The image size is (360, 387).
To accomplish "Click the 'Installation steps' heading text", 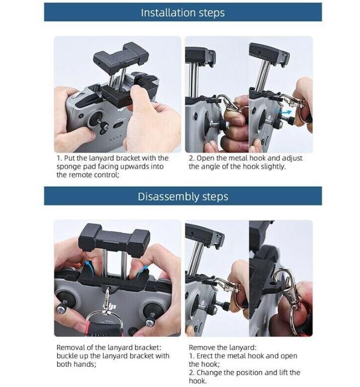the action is (x=182, y=13).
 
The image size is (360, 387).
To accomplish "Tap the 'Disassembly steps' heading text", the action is (x=183, y=196).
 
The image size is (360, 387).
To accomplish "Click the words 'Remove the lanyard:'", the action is (x=222, y=347).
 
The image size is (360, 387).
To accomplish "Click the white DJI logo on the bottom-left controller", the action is (x=109, y=307).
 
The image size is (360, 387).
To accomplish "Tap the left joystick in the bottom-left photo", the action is (x=64, y=303).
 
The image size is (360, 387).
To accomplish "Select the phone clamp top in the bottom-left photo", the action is (x=114, y=239).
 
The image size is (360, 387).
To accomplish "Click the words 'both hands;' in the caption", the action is (x=76, y=364).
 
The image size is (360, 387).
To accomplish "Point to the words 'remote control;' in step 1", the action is (x=94, y=175).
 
